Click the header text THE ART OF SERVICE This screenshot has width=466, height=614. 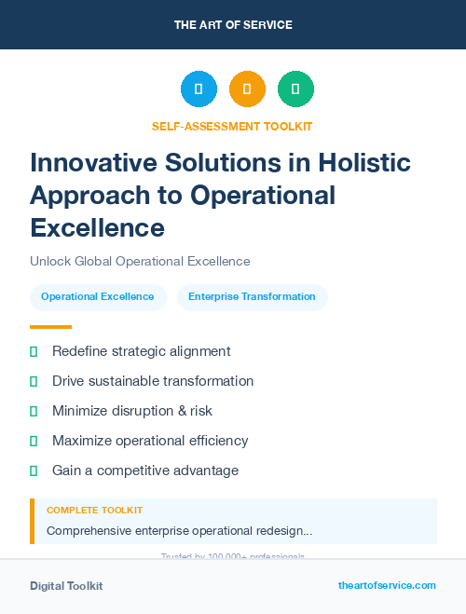tap(233, 25)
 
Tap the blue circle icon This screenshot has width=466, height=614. tap(199, 89)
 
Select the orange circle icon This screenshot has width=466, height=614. tap(247, 89)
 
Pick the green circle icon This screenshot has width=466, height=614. tap(296, 89)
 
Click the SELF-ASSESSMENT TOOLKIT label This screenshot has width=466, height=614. tap(233, 126)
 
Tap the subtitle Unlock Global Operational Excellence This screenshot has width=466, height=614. tap(140, 262)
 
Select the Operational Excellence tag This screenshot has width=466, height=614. tap(98, 297)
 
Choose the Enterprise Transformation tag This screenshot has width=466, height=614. tap(252, 297)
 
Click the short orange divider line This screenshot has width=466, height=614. tap(50, 327)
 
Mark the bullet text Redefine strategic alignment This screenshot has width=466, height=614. tap(141, 351)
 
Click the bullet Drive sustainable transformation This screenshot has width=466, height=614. tap(153, 381)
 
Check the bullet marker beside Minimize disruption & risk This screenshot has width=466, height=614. tap(34, 411)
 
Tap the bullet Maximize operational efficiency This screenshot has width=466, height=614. tap(150, 441)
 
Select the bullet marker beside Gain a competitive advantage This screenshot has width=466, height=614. tap(34, 471)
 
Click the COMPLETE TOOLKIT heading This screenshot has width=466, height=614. tap(94, 511)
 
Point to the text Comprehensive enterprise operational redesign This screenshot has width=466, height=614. tap(179, 531)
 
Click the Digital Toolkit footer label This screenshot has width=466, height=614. tap(66, 586)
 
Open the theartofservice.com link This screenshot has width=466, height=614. tap(387, 585)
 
